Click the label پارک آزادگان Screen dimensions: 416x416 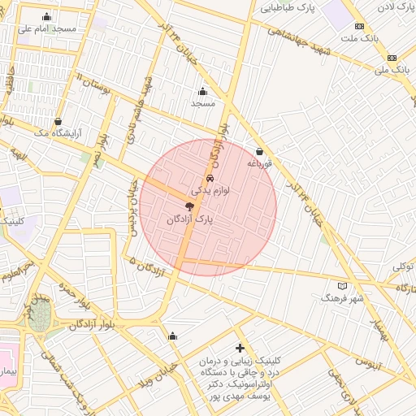pyautogui.click(x=188, y=220)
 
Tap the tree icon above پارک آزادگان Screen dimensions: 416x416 pyautogui.click(x=190, y=207)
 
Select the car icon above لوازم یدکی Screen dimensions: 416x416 pyautogui.click(x=210, y=177)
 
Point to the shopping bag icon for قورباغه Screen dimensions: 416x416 pyautogui.click(x=259, y=151)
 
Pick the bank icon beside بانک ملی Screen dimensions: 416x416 pyautogui.click(x=392, y=58)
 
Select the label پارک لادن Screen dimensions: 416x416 pyautogui.click(x=392, y=7)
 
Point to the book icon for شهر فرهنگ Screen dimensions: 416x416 pyautogui.click(x=343, y=286)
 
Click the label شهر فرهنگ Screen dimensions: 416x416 pyautogui.click(x=344, y=299)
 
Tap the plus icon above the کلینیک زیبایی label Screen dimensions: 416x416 pyautogui.click(x=240, y=348)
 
